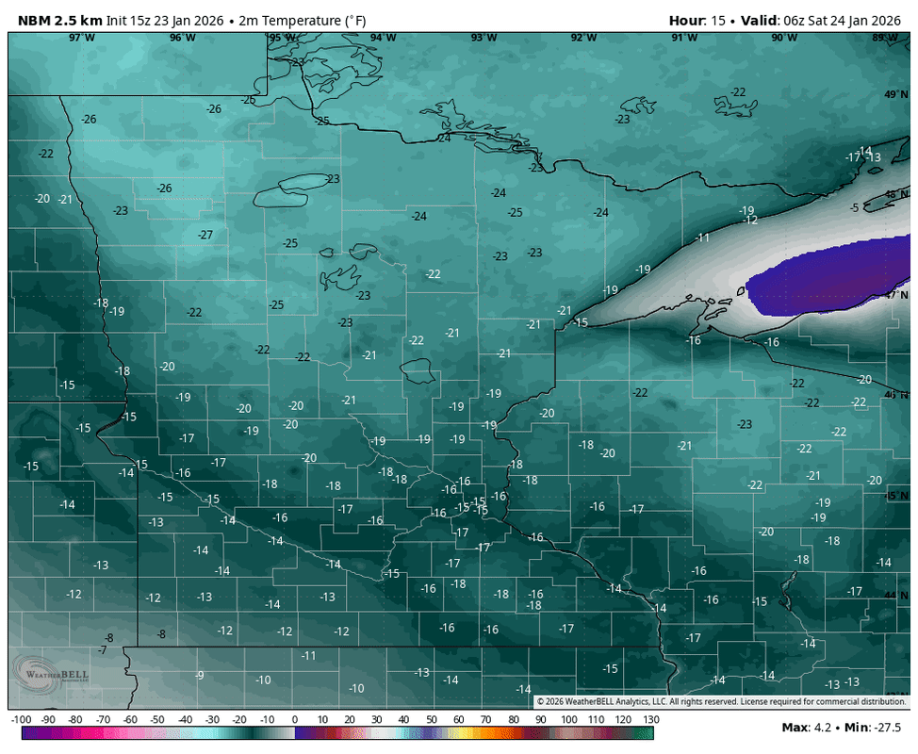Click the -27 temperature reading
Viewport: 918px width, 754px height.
pyautogui.click(x=205, y=235)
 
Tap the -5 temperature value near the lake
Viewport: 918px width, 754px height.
pyautogui.click(x=854, y=207)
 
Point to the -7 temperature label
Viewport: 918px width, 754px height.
pyautogui.click(x=102, y=650)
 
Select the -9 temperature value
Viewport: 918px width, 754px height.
pyautogui.click(x=199, y=675)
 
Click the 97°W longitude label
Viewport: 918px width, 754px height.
pyautogui.click(x=81, y=38)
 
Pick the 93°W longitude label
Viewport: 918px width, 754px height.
pyautogui.click(x=484, y=38)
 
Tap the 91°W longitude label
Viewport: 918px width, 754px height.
pyautogui.click(x=684, y=38)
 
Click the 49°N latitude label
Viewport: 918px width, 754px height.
pyautogui.click(x=894, y=94)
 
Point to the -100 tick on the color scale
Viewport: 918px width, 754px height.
pyautogui.click(x=23, y=720)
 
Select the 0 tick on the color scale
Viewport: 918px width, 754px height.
pyautogui.click(x=295, y=720)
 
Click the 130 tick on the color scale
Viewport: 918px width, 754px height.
pyautogui.click(x=649, y=720)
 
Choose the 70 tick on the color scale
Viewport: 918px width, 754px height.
pyautogui.click(x=485, y=720)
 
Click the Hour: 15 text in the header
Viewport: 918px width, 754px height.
pyautogui.click(x=698, y=20)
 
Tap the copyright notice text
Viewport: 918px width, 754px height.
pyautogui.click(x=721, y=701)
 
